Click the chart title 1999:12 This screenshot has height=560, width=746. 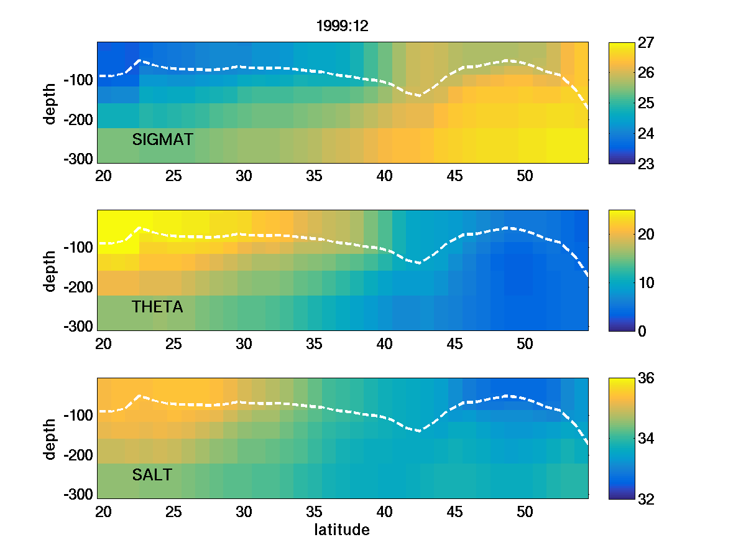pyautogui.click(x=343, y=26)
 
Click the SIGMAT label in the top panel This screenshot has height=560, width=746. pyautogui.click(x=163, y=139)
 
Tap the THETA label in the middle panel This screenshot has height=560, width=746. pyautogui.click(x=158, y=307)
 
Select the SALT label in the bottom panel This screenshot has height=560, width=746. pyautogui.click(x=152, y=475)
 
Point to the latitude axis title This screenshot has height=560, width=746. pyautogui.click(x=342, y=530)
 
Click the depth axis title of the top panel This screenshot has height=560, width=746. pyautogui.click(x=50, y=103)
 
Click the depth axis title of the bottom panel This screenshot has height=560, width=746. pyautogui.click(x=50, y=439)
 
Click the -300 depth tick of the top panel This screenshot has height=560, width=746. pyautogui.click(x=78, y=159)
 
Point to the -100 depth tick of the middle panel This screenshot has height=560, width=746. pyautogui.click(x=78, y=248)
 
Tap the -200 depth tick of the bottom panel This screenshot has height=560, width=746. pyautogui.click(x=78, y=455)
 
